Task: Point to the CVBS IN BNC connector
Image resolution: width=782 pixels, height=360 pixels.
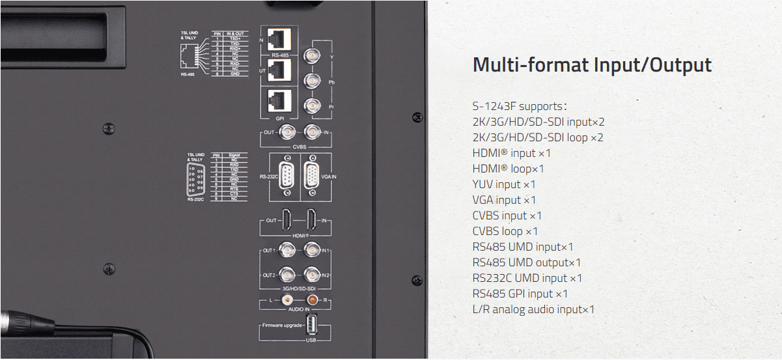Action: click(x=313, y=133)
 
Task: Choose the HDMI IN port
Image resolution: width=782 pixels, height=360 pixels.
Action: click(x=313, y=220)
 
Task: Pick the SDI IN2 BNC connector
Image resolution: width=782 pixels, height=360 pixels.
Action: click(x=313, y=275)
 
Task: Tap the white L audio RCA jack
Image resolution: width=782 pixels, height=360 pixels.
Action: click(x=286, y=300)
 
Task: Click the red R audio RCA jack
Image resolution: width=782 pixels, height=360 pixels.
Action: click(x=313, y=300)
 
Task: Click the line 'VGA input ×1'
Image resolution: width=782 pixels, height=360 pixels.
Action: click(x=504, y=200)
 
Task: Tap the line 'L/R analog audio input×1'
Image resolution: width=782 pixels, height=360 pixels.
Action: click(x=533, y=309)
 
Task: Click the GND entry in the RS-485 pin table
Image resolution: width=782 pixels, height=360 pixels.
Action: click(x=234, y=74)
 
